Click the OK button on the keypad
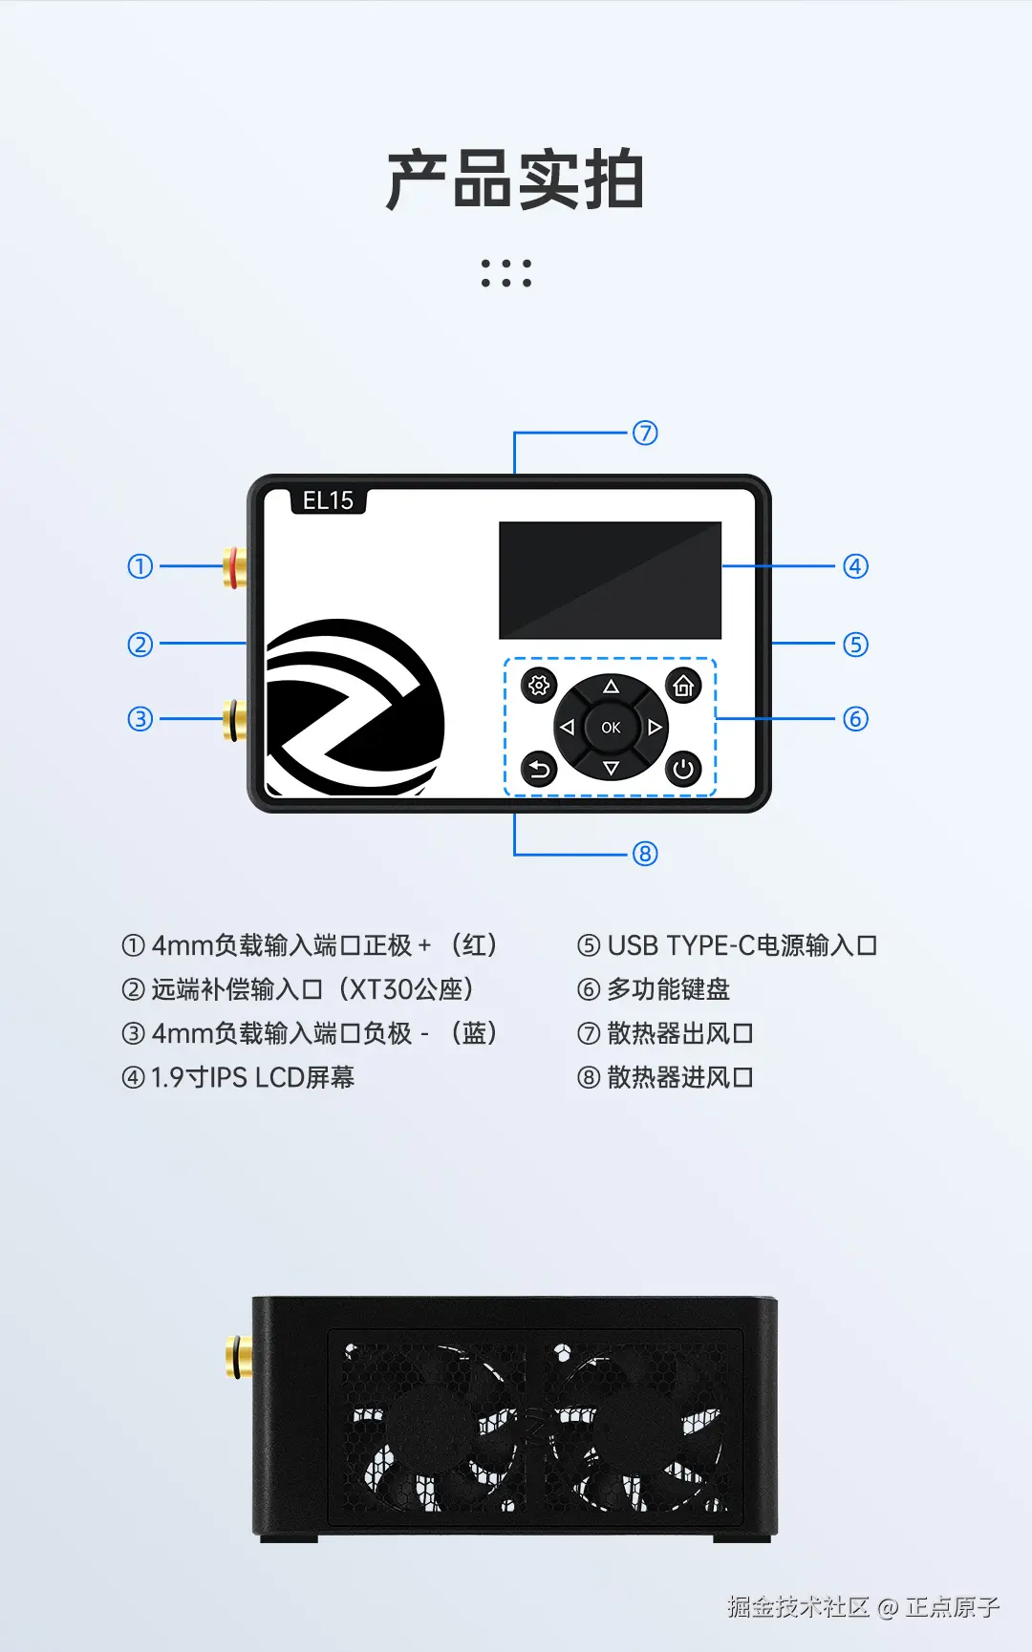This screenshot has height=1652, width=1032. pos(611,728)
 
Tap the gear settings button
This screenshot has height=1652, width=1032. pos(539,685)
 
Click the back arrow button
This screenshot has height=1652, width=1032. pos(539,769)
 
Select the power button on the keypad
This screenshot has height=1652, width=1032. pos(683,769)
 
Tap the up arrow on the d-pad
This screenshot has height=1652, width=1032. pos(611,687)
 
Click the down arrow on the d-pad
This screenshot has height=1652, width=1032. pos(611,768)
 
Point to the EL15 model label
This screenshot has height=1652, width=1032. pos(328,500)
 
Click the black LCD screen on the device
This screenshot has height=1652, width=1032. pos(610,580)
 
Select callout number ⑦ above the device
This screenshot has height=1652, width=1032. pos(645,433)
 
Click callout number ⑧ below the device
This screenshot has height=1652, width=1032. pos(645,854)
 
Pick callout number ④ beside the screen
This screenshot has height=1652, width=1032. pos(855,566)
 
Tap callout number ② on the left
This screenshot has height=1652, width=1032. pos(140,645)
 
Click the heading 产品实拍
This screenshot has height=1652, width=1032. pos(515,180)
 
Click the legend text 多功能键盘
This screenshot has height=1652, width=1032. pos(668,989)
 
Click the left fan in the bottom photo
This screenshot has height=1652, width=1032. pos(430,1428)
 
